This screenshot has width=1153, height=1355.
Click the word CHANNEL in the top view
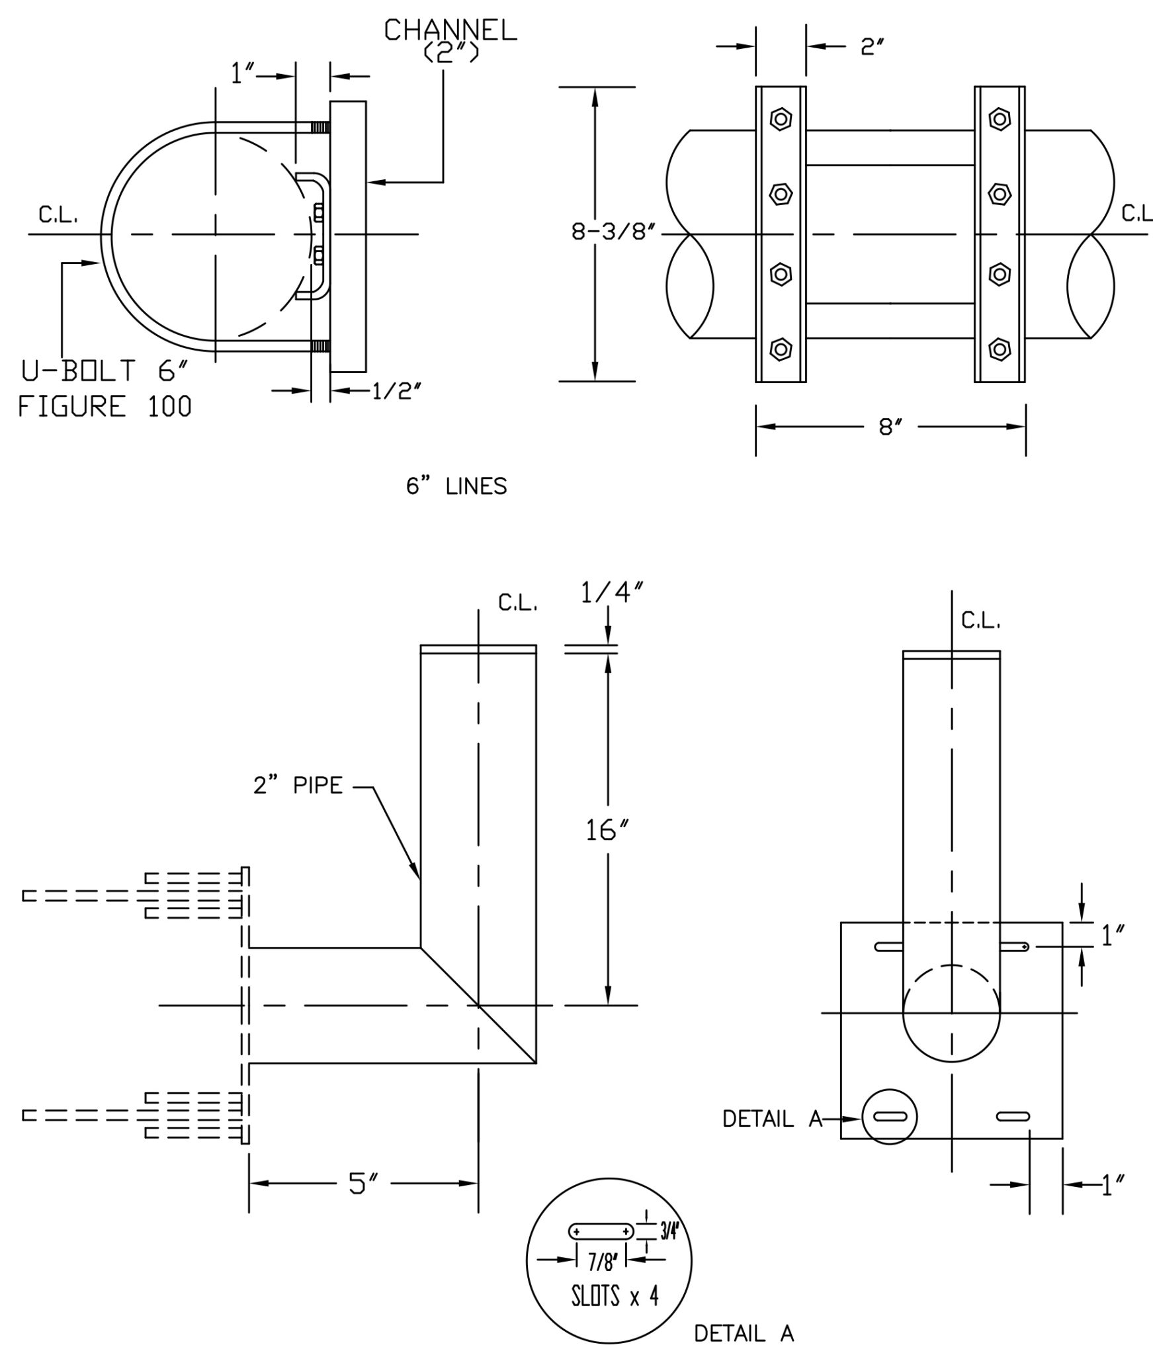coord(450,30)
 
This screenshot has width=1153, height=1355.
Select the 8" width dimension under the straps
coord(890,427)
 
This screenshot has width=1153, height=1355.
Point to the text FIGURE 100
coord(105,406)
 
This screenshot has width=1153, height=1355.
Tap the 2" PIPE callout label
coord(298,785)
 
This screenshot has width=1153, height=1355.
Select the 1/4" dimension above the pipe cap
coord(612,593)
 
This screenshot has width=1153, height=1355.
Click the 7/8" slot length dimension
coord(602,1262)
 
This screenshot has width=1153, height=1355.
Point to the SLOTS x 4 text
coord(615,1295)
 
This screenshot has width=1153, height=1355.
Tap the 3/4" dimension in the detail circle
coord(669,1231)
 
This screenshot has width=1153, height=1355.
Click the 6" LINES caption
coord(456,486)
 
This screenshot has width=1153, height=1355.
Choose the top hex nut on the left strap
coord(781,120)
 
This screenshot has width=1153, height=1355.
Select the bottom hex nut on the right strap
coord(1000,349)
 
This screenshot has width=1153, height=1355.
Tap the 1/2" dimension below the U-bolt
coord(396,392)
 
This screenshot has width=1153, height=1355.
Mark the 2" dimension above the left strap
coord(873,46)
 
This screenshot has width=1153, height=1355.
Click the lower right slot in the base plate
coord(1013,1117)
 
